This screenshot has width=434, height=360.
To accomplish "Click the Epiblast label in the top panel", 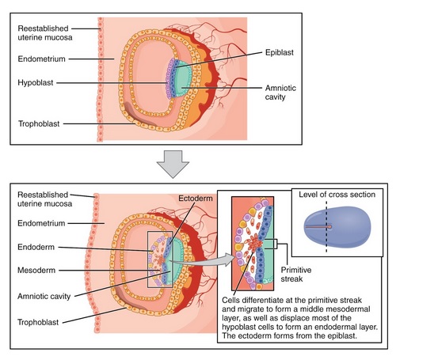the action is pos(280,52).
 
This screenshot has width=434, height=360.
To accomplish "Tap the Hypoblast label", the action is pos(36,82).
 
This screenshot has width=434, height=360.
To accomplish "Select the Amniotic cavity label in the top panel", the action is pos(280,93).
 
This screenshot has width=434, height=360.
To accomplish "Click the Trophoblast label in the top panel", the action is pos(39,123).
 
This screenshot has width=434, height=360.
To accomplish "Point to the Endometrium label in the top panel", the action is pos(41,59).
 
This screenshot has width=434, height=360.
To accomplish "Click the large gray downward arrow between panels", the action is pos(173,164).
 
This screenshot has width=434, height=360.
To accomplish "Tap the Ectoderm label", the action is pos(196,199).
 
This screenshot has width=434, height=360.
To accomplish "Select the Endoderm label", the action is pos(36,247).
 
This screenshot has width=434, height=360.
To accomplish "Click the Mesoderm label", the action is pos(36,270).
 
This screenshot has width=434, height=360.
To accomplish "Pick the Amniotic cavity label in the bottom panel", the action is pos(44,297).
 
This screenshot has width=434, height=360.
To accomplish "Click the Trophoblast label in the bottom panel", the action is pos(38,322).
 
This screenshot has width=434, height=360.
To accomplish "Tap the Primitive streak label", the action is pos(296,275).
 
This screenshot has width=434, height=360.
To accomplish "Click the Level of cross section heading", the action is pos(337,195).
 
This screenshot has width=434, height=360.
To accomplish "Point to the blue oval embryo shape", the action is pos(337,228).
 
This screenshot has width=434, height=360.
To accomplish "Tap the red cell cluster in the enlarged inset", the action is pos(255,244).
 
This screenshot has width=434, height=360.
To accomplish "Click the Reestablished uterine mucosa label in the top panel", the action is pos(45,33).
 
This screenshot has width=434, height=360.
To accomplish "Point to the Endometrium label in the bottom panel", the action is pos(41,223).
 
